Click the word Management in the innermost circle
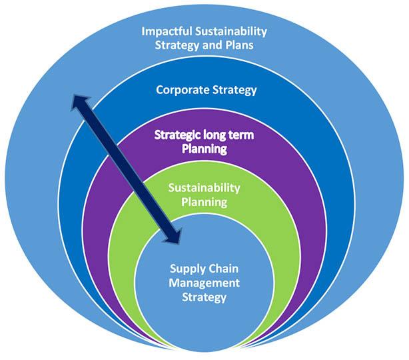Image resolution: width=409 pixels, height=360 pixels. tap(204, 283)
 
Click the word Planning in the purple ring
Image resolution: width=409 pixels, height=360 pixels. tap(204, 149)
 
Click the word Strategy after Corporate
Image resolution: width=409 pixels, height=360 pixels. tap(232, 90)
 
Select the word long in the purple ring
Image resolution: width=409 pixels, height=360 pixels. tap(216, 135)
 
